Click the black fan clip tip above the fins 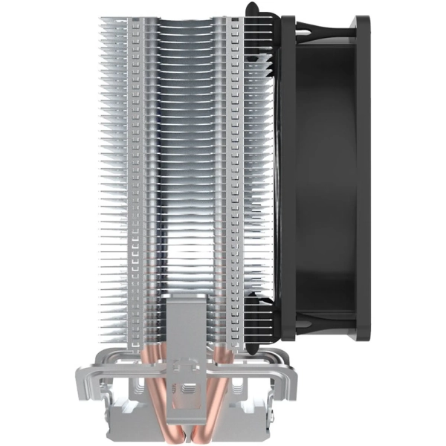click(x=253, y=9)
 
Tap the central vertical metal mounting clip click(x=181, y=327)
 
